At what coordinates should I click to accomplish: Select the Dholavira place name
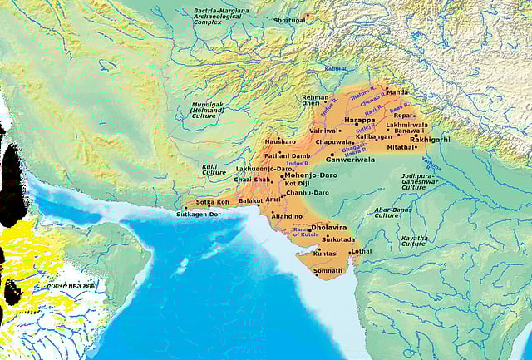328,225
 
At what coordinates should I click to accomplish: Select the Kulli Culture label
214,170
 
